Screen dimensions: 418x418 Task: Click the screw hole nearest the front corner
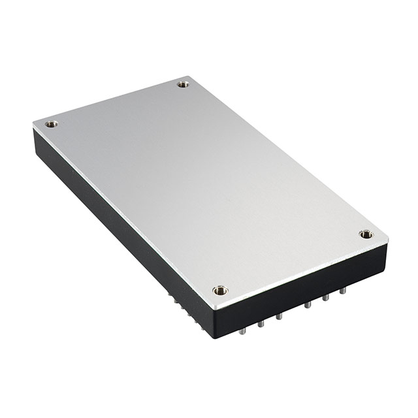220,290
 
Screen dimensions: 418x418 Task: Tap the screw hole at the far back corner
183,84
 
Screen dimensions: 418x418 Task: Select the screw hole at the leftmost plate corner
51,123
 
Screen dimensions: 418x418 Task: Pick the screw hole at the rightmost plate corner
366,234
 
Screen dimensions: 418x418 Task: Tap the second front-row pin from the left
260,323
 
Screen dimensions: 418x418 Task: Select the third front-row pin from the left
278,317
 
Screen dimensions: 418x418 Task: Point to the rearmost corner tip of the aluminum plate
189,76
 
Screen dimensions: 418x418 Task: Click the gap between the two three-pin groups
293,312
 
